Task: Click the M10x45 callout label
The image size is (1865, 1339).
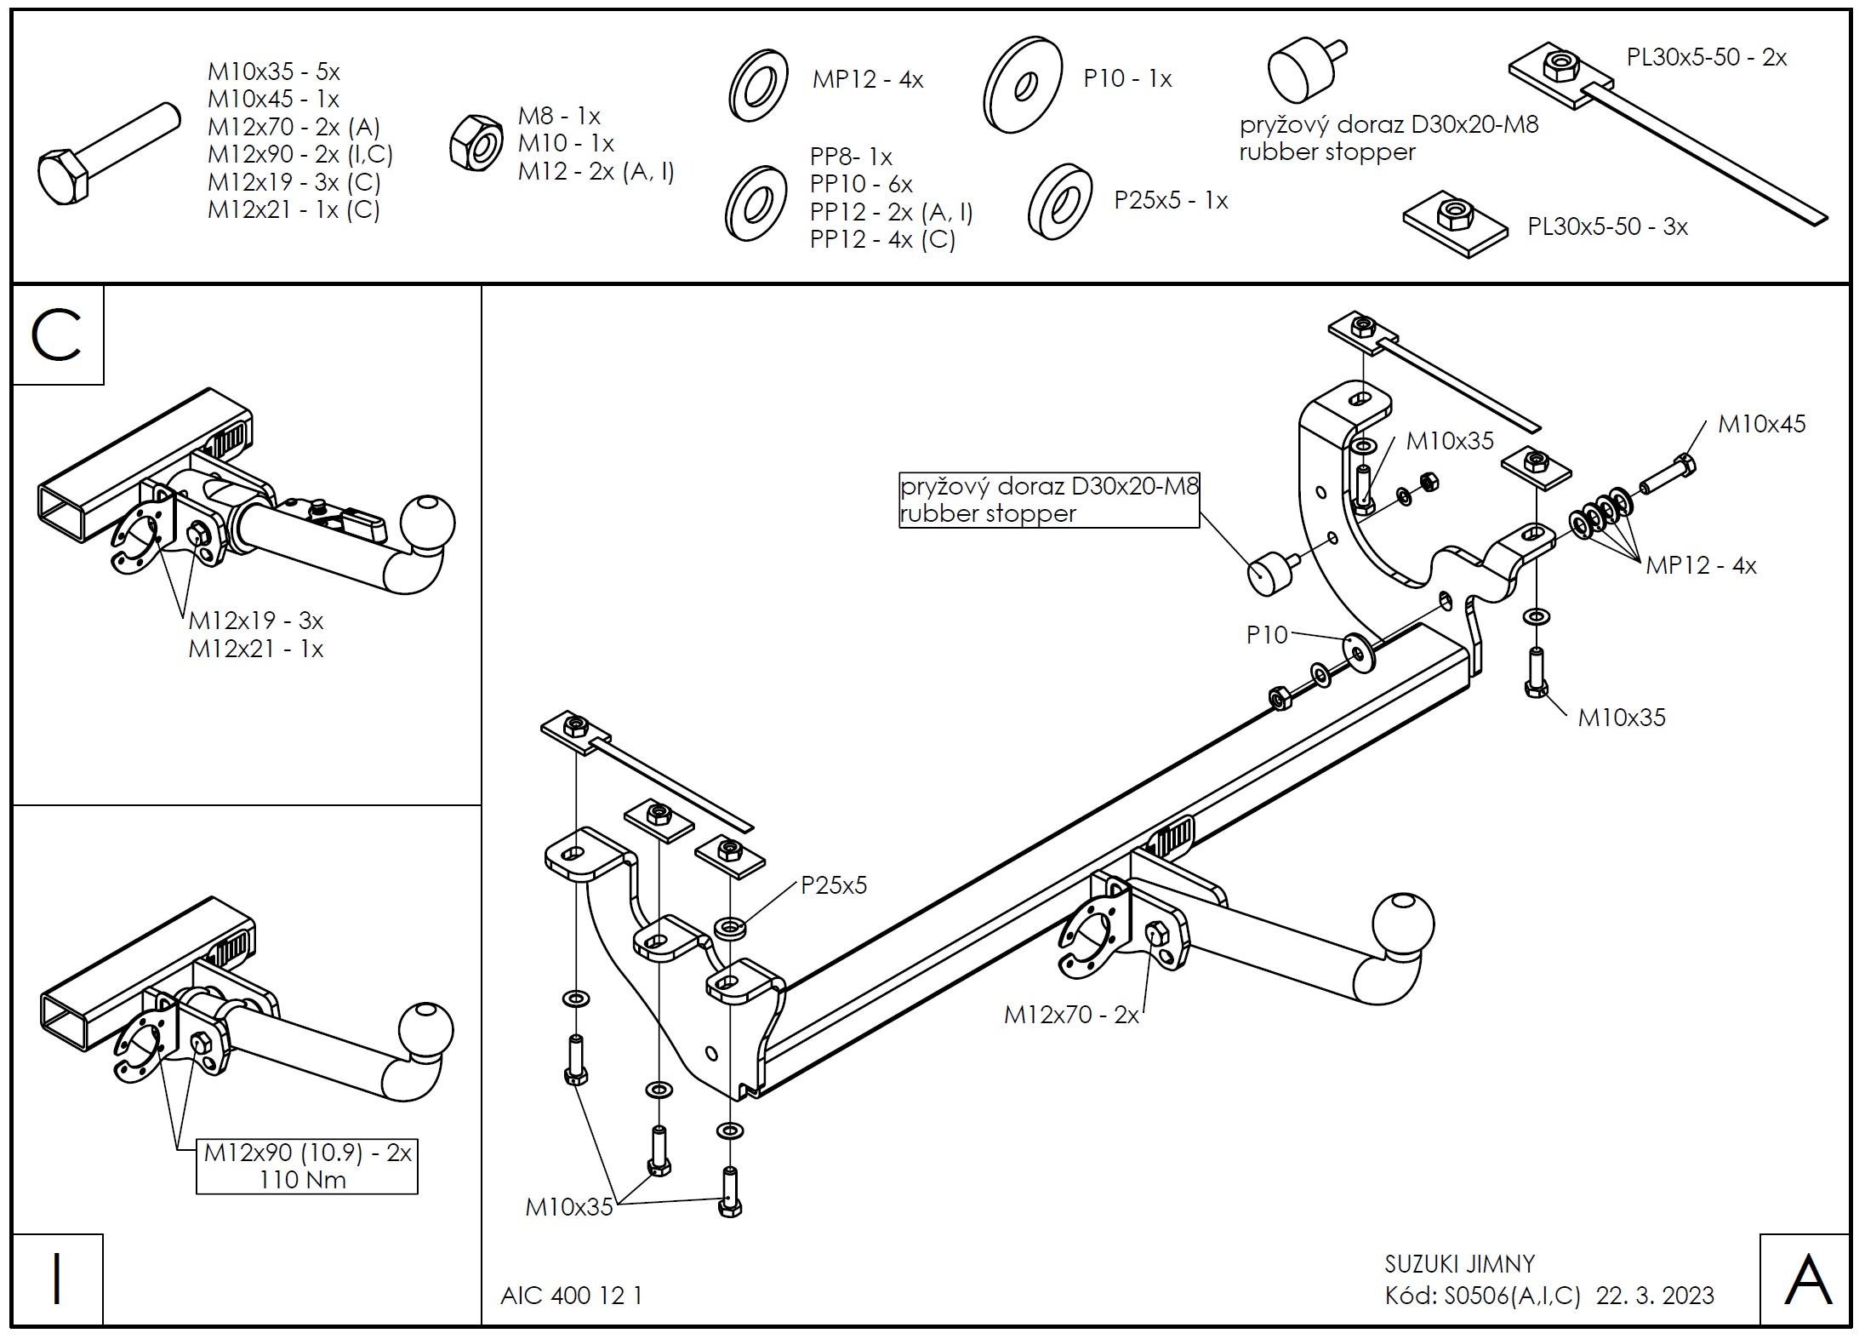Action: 1760,424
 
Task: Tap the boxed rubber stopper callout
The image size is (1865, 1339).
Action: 1049,500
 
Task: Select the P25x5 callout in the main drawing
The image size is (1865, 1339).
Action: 834,885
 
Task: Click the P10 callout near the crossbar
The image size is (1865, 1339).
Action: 1267,634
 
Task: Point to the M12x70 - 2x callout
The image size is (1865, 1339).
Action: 1070,1015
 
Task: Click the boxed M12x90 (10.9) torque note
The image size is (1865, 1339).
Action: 307,1165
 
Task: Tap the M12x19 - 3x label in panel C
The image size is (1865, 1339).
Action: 255,620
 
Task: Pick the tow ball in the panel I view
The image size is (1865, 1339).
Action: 424,1032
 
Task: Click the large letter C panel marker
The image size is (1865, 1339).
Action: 56,335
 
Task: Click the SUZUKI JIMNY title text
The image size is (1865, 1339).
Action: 1459,1263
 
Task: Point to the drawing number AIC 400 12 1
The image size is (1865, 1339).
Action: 571,1296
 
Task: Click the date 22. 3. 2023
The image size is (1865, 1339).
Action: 1655,1296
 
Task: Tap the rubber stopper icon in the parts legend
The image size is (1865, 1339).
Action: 1302,70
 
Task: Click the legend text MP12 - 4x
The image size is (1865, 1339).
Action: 867,79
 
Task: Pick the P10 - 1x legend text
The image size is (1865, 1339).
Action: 1126,79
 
